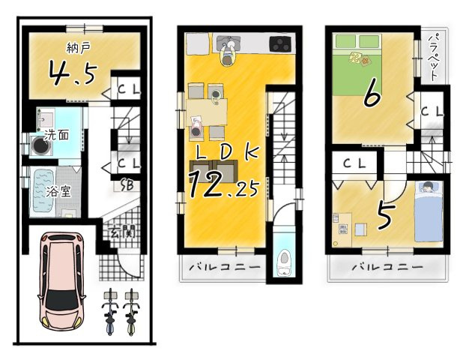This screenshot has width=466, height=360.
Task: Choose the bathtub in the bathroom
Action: pos(46,192)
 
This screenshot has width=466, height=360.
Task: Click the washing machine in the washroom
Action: pos(38,144)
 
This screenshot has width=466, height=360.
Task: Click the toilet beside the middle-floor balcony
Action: pos(285,262)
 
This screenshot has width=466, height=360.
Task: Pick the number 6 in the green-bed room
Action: pos(371,96)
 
